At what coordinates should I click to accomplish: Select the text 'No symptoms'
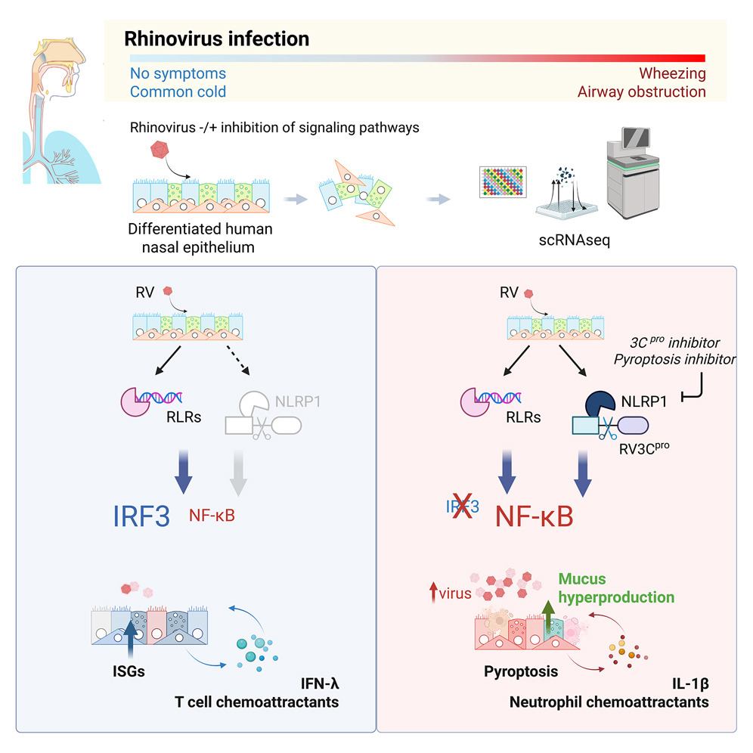178,74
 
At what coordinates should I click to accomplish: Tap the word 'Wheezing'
672,74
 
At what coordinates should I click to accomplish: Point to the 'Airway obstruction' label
642,92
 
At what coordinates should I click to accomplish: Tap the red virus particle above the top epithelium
160,153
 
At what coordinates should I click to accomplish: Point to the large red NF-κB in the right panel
534,516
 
